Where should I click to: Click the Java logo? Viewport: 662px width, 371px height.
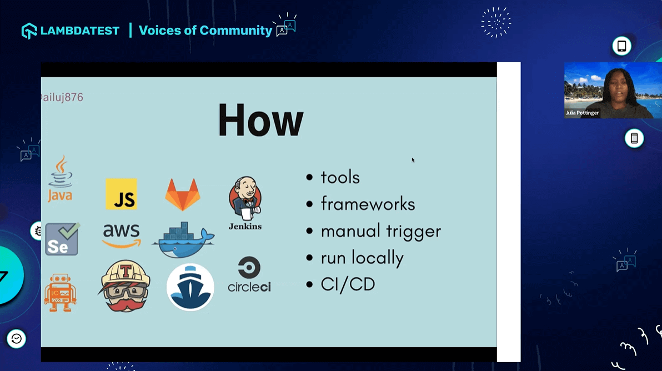(60, 179)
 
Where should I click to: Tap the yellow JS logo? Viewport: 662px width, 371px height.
(121, 194)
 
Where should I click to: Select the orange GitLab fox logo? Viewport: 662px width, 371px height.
(183, 195)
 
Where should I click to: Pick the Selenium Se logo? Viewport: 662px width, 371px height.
(62, 239)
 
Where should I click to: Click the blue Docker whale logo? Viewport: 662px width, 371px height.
(183, 240)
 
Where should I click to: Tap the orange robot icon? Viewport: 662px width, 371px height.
(60, 292)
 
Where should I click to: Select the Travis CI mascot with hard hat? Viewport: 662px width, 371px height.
(125, 287)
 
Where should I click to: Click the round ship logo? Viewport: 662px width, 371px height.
(190, 287)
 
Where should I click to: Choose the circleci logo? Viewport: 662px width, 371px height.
(249, 274)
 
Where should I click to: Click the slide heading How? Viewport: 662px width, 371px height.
(260, 119)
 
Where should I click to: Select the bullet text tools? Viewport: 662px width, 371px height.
(340, 177)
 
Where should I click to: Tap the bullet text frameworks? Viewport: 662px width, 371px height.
(368, 204)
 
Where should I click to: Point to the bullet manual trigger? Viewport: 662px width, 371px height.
(380, 231)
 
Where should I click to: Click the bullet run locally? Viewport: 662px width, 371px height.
(362, 258)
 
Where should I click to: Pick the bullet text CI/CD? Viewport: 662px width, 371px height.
(348, 284)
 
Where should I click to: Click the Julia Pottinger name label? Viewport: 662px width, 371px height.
(582, 113)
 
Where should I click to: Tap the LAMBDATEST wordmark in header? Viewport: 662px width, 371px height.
(79, 31)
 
